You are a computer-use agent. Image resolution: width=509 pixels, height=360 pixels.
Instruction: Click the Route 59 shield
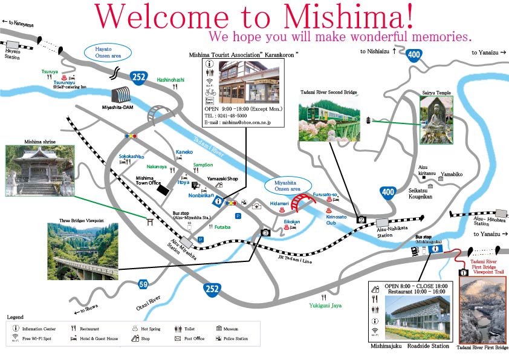[143, 284]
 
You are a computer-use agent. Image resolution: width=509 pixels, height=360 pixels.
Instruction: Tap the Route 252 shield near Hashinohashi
[138, 77]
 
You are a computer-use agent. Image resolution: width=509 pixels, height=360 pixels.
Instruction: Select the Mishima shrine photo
[39, 170]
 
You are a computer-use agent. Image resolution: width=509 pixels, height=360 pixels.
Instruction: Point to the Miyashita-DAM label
[118, 107]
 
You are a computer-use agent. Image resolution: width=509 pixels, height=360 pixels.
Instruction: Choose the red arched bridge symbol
[302, 202]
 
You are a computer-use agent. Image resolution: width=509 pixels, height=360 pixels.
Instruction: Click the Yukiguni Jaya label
[325, 306]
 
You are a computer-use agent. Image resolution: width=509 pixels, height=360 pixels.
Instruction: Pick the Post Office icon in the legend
[178, 339]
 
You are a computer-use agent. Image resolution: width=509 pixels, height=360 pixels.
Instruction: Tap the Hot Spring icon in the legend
[134, 329]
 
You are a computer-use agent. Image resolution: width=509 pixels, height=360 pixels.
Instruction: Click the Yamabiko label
[451, 174]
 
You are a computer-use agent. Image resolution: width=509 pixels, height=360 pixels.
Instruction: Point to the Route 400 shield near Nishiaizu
[414, 55]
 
